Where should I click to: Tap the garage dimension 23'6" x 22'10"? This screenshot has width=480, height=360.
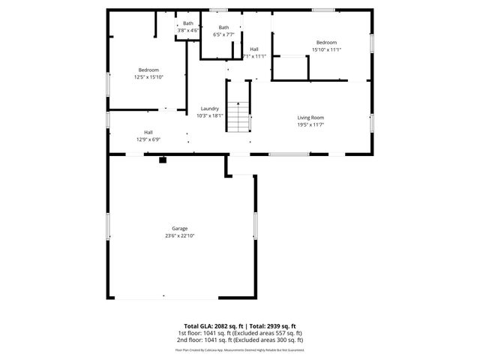click(179, 235)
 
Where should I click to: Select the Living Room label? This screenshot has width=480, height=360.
click(310, 118)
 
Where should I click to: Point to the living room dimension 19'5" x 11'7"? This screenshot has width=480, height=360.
click(310, 124)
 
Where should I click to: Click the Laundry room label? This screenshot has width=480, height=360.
click(209, 109)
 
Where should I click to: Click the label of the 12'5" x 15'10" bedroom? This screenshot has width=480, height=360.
click(148, 70)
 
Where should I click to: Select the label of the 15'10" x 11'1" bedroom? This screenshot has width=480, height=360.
click(326, 43)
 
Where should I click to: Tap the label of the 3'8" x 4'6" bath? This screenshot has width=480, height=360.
click(188, 24)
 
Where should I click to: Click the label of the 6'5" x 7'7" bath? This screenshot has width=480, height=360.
click(223, 28)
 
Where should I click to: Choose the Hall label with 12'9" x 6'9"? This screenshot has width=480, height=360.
click(148, 132)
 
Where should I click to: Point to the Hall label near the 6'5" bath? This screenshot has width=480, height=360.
click(254, 49)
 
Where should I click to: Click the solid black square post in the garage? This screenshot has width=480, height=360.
click(162, 159)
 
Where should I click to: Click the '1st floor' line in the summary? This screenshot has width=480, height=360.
click(239, 332)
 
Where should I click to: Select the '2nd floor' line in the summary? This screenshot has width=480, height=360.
click(239, 339)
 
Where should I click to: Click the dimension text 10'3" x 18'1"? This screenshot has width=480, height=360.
click(209, 115)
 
